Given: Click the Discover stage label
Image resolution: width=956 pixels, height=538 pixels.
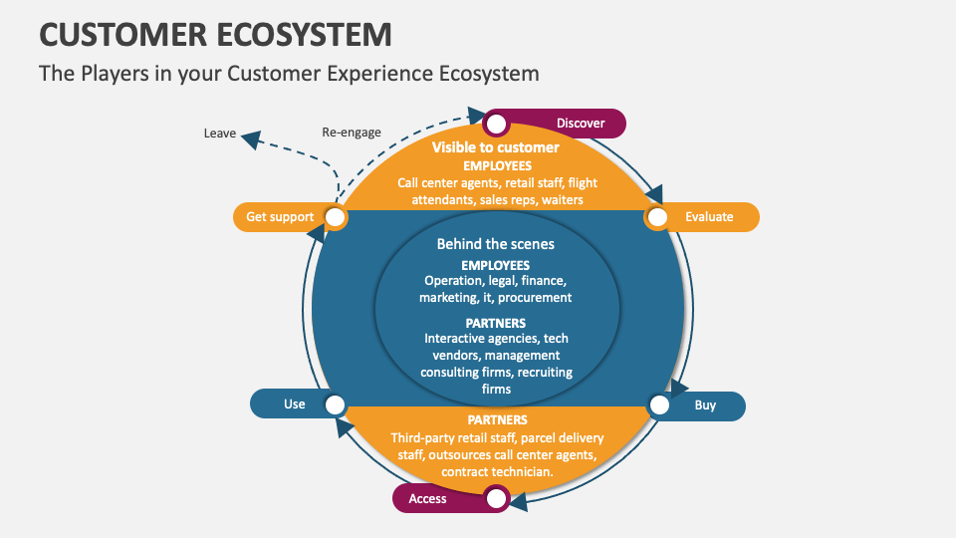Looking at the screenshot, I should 581,124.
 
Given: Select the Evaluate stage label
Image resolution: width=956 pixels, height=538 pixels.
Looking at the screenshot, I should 709,217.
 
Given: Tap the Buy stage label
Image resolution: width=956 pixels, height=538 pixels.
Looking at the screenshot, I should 705,405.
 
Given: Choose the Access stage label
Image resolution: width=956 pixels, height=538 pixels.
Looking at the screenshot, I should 428,498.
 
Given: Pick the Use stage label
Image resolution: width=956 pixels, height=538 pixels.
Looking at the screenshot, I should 295,404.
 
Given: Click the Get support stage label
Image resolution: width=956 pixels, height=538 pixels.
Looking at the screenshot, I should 280,217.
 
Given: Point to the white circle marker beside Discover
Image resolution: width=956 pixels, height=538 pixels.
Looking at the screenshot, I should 496,125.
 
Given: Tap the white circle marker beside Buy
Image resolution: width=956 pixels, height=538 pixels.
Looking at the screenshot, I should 659,405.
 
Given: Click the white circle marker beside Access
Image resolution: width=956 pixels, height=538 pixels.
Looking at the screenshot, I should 496,498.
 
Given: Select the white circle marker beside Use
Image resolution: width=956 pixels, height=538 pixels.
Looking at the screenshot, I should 336,404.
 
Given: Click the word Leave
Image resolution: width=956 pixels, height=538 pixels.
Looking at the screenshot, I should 219,134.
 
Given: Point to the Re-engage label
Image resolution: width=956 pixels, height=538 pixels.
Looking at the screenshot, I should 352,133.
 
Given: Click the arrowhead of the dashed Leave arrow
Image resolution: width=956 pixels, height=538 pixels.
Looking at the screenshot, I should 250,139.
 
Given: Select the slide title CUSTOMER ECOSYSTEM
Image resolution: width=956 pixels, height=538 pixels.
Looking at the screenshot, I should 215,34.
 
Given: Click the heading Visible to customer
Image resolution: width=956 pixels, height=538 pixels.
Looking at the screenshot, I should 495,147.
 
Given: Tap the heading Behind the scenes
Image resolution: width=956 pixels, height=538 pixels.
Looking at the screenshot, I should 496,244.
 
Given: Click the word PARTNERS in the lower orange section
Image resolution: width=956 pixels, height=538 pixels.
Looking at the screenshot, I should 497,420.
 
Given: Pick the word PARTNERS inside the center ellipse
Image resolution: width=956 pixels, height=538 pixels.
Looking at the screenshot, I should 496,324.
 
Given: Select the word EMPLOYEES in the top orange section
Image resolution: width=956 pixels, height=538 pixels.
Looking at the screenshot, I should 497,165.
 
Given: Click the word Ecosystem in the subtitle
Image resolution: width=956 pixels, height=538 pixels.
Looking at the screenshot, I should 486,74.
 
